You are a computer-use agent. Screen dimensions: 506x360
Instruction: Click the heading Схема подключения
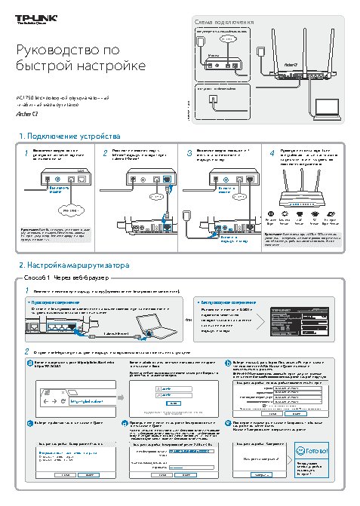coord(224,23)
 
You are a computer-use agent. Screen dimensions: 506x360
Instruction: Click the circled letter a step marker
coord(29,363)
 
